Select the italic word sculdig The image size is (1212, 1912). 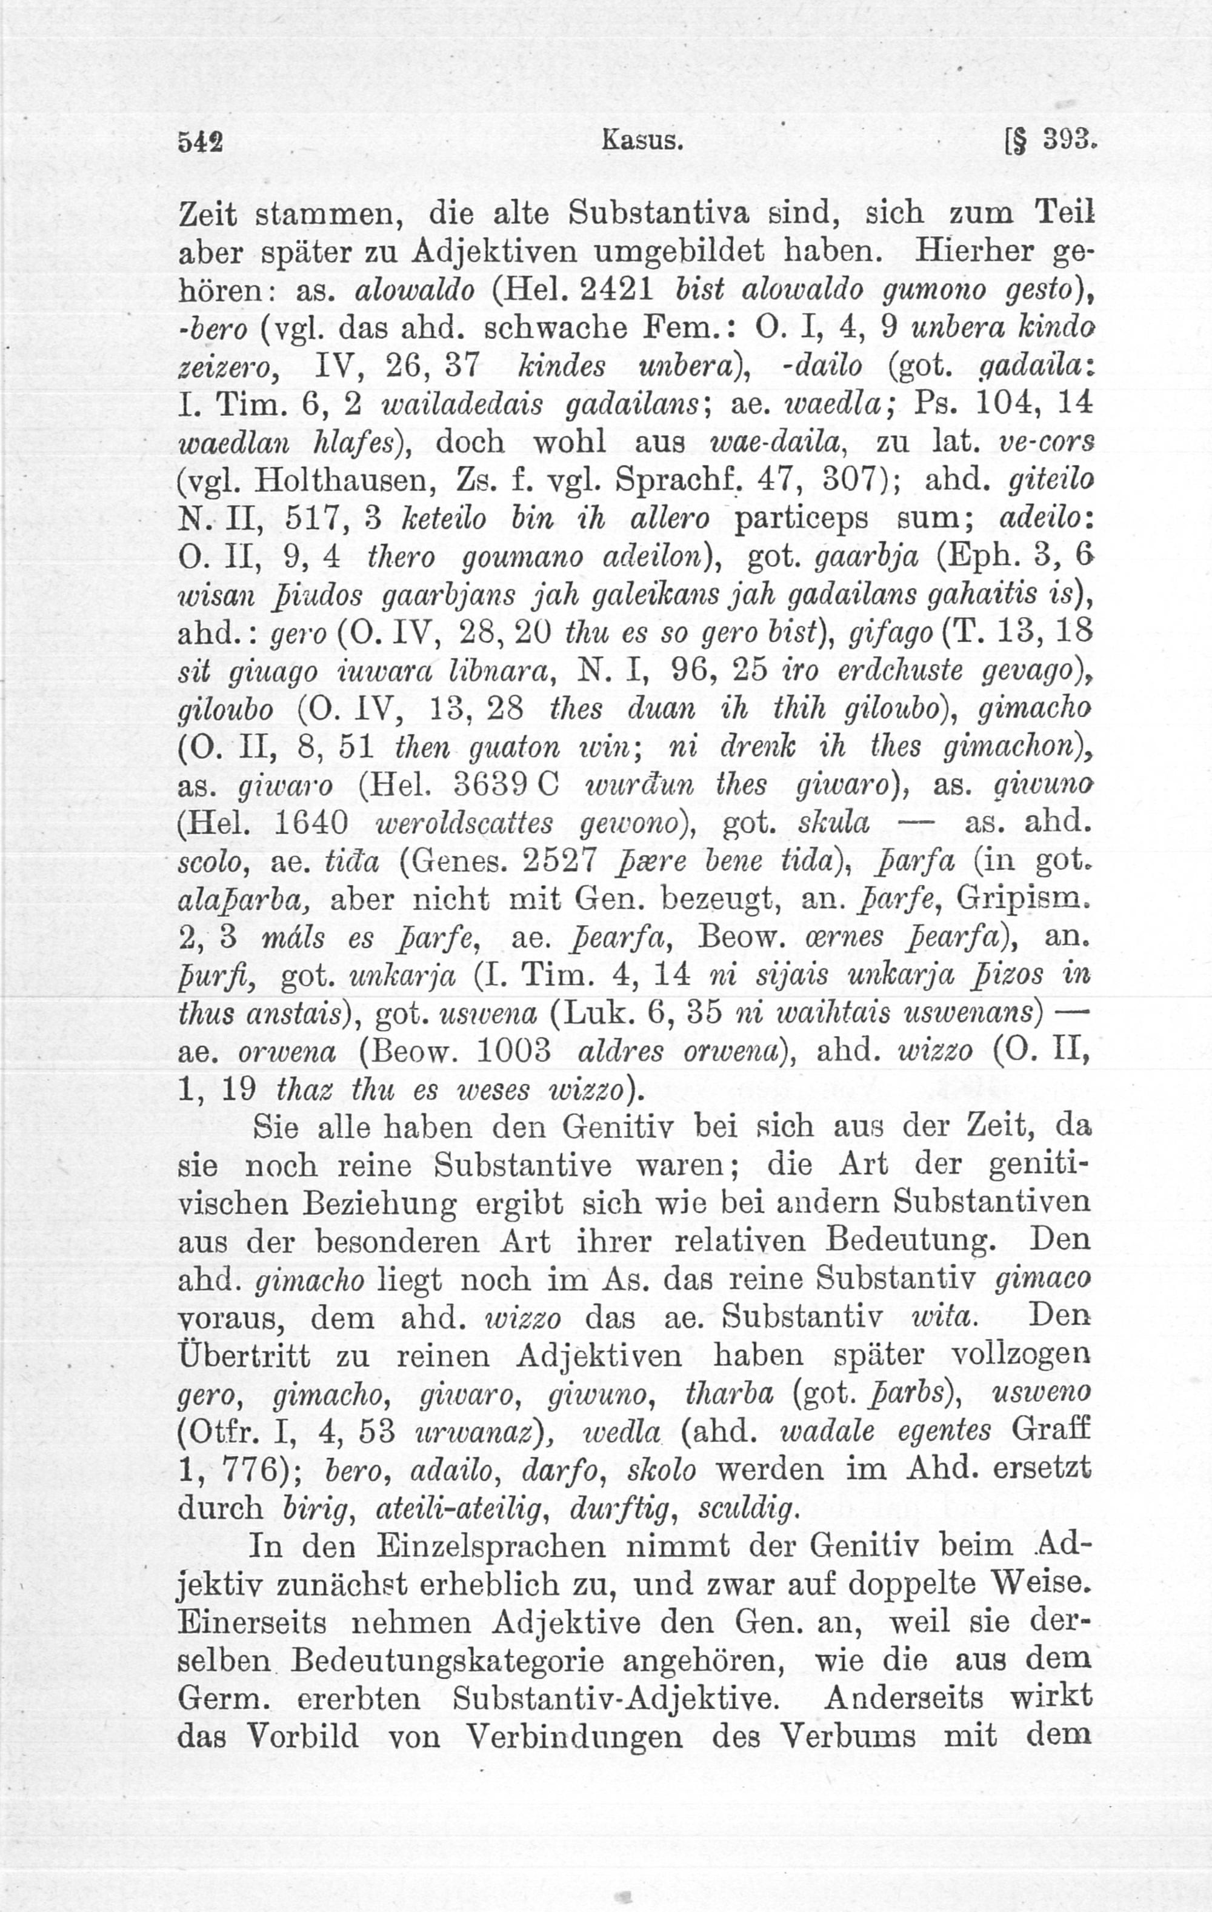(x=748, y=1507)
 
